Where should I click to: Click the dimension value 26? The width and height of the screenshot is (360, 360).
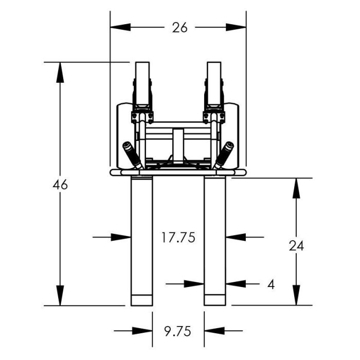pyautogui.click(x=180, y=28)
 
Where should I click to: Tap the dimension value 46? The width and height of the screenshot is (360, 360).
pyautogui.click(x=60, y=185)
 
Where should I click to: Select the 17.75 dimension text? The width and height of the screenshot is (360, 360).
pyautogui.click(x=178, y=238)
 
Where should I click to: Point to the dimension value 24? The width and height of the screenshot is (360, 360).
pyautogui.click(x=296, y=246)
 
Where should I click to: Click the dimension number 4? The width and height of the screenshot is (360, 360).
pyautogui.click(x=271, y=285)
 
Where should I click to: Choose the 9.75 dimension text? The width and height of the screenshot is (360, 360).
pyautogui.click(x=178, y=332)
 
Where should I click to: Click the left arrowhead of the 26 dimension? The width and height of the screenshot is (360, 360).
pyautogui.click(x=120, y=27)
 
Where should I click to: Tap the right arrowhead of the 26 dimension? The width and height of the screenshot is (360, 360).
pyautogui.click(x=236, y=27)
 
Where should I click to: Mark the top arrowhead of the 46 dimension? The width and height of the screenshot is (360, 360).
pyautogui.click(x=60, y=73)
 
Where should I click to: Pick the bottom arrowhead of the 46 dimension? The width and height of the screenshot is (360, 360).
pyautogui.click(x=60, y=296)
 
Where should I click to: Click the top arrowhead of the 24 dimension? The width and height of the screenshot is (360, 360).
pyautogui.click(x=296, y=188)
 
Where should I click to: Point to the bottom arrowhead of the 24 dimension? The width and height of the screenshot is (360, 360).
pyautogui.click(x=296, y=295)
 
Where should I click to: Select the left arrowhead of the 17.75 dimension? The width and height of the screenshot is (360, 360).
pyautogui.click(x=121, y=237)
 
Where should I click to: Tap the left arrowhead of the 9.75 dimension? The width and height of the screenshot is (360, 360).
pyautogui.click(x=142, y=331)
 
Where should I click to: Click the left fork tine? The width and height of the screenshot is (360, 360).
pyautogui.click(x=141, y=241)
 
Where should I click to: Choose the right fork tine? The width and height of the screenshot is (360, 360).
pyautogui.click(x=215, y=241)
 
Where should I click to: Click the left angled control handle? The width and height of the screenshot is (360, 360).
pyautogui.click(x=133, y=155)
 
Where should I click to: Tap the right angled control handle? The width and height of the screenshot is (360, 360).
pyautogui.click(x=224, y=155)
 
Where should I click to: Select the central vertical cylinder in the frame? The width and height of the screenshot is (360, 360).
pyautogui.click(x=178, y=146)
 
